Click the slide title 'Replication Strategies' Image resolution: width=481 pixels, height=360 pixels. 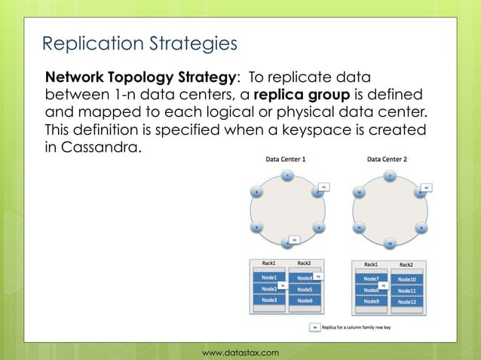click(139, 44)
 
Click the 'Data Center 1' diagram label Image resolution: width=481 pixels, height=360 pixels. click(286, 160)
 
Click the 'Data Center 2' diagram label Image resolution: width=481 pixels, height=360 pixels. click(387, 160)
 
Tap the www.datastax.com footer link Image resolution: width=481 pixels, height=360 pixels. click(240, 352)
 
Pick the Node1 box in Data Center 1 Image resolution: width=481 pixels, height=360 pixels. click(269, 277)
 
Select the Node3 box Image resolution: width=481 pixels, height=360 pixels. click(269, 300)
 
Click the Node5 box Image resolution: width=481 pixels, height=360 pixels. click(305, 289)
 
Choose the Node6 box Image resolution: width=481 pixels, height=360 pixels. click(305, 301)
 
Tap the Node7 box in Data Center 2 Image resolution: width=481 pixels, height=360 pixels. click(371, 278)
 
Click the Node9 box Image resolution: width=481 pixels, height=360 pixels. click(371, 301)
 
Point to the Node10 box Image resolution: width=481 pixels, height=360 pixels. click(406, 279)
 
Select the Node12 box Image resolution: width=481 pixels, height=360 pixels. click(406, 301)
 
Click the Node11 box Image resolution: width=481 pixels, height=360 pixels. click(406, 290)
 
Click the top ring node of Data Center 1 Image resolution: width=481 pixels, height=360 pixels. click(286, 176)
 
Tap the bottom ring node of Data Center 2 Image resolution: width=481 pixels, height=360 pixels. click(389, 244)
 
